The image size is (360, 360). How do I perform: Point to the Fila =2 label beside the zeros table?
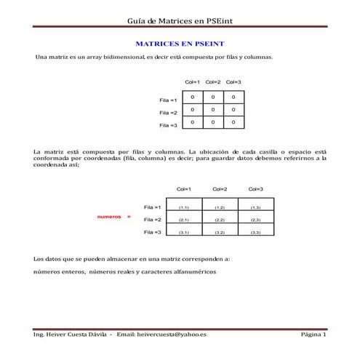tap(168, 113)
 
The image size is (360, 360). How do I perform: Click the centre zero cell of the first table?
tap(213, 110)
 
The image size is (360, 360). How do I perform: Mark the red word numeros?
tap(109, 217)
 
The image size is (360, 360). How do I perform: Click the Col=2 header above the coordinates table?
tap(220, 189)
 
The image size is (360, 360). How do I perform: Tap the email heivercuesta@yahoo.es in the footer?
tap(172, 334)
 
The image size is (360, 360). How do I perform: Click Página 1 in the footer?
tap(313, 334)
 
